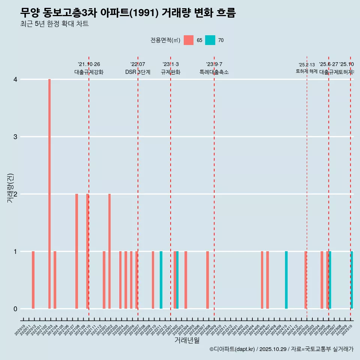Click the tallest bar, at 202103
[x=49, y=194]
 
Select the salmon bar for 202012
[x=33, y=280]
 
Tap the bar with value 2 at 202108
[x=76, y=251]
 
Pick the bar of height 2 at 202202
[x=109, y=251]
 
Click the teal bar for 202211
[x=161, y=280]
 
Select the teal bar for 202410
[x=286, y=280]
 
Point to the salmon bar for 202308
[x=207, y=280]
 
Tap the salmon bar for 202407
[x=267, y=280]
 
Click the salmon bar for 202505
[x=322, y=280]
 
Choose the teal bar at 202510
[x=352, y=280]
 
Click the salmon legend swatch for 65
[x=189, y=40]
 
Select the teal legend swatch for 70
[x=210, y=40]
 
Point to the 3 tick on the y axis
[x=15, y=136]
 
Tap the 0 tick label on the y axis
[x=15, y=309]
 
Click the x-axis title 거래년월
[x=187, y=340]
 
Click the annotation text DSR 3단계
[x=138, y=72]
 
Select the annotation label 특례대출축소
[x=214, y=72]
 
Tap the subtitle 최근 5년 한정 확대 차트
[x=54, y=24]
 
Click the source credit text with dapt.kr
[x=281, y=349]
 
